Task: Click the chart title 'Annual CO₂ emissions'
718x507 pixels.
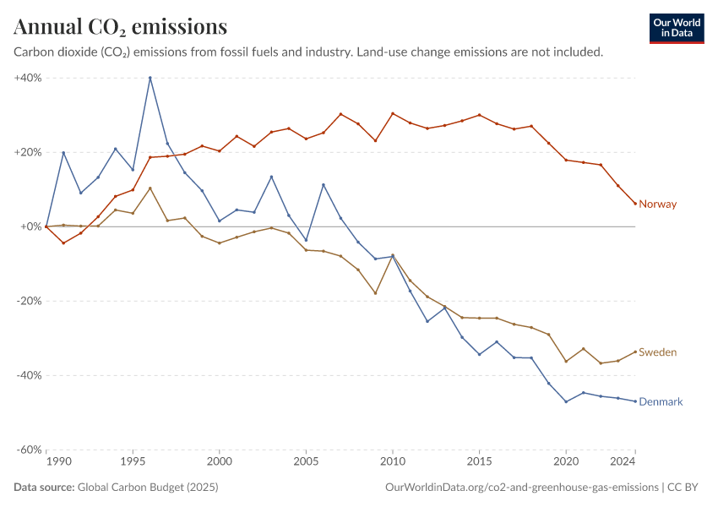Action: pyautogui.click(x=120, y=27)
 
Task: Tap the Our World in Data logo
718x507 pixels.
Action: pyautogui.click(x=677, y=28)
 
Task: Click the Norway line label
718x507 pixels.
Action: pyautogui.click(x=658, y=204)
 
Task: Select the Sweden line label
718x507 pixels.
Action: pyautogui.click(x=657, y=352)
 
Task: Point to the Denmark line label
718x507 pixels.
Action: pyautogui.click(x=661, y=401)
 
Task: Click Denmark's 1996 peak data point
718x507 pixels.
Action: pyautogui.click(x=150, y=78)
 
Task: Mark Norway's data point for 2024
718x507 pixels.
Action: pyautogui.click(x=634, y=204)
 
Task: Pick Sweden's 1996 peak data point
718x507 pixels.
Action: pyautogui.click(x=150, y=188)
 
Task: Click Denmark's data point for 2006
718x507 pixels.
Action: pyautogui.click(x=323, y=185)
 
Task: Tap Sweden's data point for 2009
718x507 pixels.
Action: pyautogui.click(x=375, y=293)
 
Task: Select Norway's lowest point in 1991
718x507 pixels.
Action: pyautogui.click(x=63, y=243)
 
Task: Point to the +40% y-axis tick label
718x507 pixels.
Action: pyautogui.click(x=28, y=78)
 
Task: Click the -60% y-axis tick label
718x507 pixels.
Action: pyautogui.click(x=29, y=450)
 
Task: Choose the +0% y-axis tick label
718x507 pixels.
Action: pyautogui.click(x=30, y=226)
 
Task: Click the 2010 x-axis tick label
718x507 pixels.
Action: pyautogui.click(x=392, y=462)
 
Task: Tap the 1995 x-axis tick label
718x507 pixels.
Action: pyautogui.click(x=133, y=462)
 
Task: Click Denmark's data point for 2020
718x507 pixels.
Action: pyautogui.click(x=565, y=401)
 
